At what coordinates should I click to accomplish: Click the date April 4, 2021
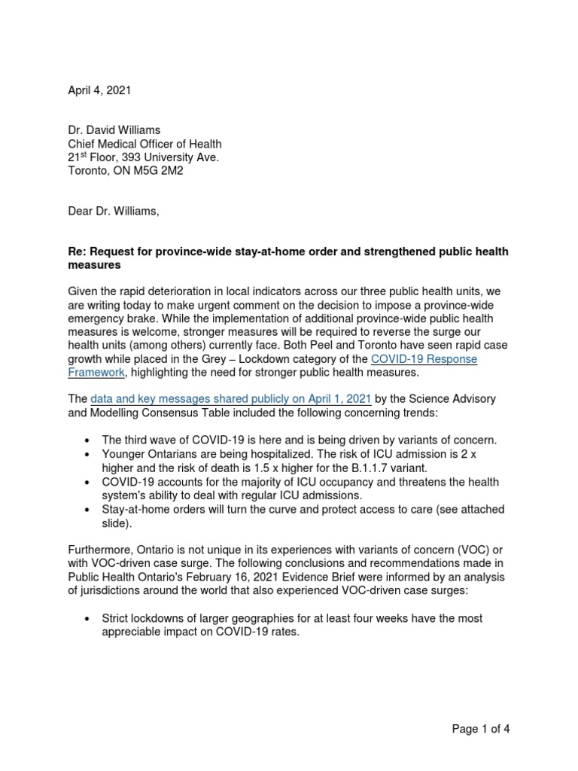coord(99,90)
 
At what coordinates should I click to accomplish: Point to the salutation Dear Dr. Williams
coord(114,212)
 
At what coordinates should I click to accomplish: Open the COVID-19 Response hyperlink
coord(424,359)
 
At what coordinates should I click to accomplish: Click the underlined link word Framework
coord(96,373)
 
